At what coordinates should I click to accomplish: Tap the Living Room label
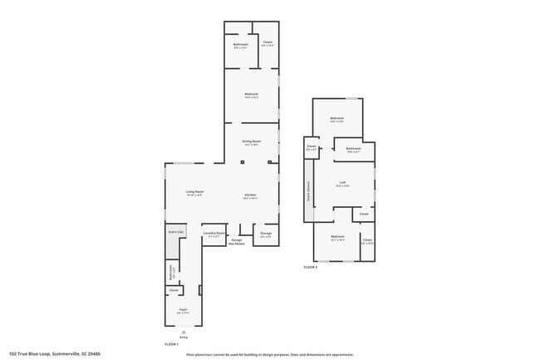point(194,193)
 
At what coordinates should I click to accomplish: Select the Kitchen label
point(250,196)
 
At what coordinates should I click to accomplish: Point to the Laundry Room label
point(214,234)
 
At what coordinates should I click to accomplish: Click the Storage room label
point(266,234)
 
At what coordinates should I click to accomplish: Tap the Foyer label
point(183,309)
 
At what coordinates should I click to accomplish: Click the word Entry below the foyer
point(183,336)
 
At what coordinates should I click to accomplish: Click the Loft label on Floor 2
point(342,183)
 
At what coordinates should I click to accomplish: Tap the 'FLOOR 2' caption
point(311,267)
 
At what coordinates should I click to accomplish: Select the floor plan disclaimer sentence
point(269,353)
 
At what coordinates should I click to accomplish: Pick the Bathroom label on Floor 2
point(353,150)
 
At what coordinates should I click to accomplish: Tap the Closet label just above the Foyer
point(174,290)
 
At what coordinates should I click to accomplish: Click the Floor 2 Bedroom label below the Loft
point(336,237)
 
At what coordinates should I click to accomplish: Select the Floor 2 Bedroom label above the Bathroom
point(336,119)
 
